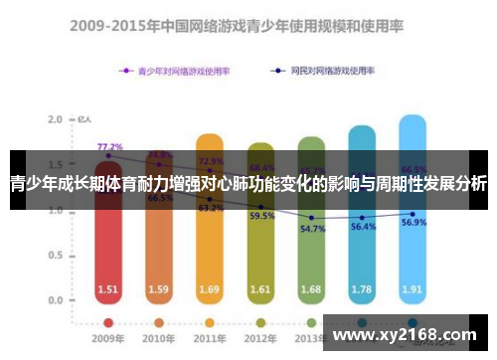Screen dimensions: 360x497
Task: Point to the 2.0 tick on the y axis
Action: pyautogui.click(x=56, y=119)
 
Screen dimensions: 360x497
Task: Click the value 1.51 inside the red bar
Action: pyautogui.click(x=107, y=290)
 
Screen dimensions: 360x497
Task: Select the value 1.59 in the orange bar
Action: pyautogui.click(x=158, y=290)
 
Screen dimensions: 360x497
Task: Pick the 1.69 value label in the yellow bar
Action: pyautogui.click(x=210, y=290)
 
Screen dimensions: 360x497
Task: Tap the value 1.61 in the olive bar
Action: pyautogui.click(x=260, y=290)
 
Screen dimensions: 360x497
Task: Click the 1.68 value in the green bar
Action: pyautogui.click(x=311, y=290)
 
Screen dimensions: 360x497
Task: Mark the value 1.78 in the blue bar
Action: pyautogui.click(x=362, y=290)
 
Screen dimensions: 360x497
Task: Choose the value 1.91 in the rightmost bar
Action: pyautogui.click(x=414, y=290)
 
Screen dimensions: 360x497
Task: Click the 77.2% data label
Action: pyautogui.click(x=109, y=147)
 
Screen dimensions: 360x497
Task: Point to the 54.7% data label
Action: pyautogui.click(x=311, y=230)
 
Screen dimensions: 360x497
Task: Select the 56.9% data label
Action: pyautogui.click(x=414, y=223)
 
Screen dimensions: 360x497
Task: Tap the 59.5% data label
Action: pyautogui.click(x=261, y=216)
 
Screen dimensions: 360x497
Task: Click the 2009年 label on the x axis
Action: pyautogui.click(x=107, y=339)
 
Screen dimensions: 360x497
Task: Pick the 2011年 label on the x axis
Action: pyautogui.click(x=210, y=339)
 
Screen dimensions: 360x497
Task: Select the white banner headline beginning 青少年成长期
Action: pyautogui.click(x=248, y=184)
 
